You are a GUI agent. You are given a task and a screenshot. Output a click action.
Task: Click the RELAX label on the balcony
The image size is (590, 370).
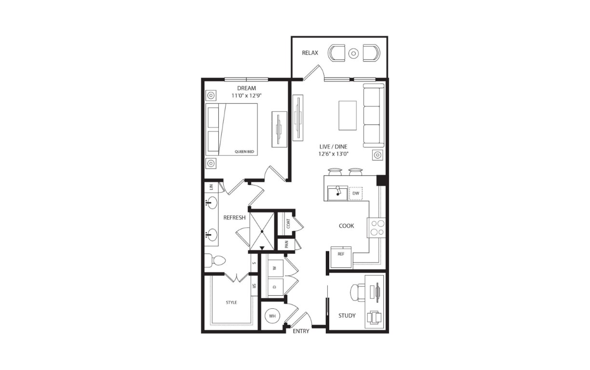coord(310,53)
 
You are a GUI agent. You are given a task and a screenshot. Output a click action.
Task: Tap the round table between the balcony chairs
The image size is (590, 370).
coord(353,53)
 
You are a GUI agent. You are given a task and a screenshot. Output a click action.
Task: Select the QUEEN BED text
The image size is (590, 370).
coord(244,152)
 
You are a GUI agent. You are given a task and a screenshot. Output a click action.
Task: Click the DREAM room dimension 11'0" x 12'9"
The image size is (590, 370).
coord(246,95)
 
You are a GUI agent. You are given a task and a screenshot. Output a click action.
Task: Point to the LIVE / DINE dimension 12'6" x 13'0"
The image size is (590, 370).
coord(333,154)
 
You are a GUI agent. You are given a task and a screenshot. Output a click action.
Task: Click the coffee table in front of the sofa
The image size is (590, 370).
coord(348,115)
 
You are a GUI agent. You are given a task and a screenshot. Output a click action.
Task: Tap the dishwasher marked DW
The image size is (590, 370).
coord(356,193)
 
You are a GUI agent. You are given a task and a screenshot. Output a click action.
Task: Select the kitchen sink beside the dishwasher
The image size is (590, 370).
coord(337,193)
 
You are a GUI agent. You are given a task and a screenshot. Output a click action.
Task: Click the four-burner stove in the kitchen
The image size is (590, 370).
coord(376,228)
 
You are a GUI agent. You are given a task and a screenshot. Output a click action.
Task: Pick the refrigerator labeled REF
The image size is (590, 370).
coord(341,257)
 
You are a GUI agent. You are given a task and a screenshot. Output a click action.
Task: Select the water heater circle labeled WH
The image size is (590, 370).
coord(272,316)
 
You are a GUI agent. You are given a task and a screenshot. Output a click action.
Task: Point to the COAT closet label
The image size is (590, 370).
coord(288,224)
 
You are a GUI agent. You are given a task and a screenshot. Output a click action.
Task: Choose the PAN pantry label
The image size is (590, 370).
coord(287,244)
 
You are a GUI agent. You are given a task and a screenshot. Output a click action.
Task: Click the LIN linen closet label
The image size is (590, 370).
coord(211,187)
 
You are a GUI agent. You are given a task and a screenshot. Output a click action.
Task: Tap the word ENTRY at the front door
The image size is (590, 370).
coord(301,331)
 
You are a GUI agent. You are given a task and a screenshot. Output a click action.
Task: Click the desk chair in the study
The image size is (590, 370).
coord(358,292)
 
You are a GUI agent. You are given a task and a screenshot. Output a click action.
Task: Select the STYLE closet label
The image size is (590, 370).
coord(231,303)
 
